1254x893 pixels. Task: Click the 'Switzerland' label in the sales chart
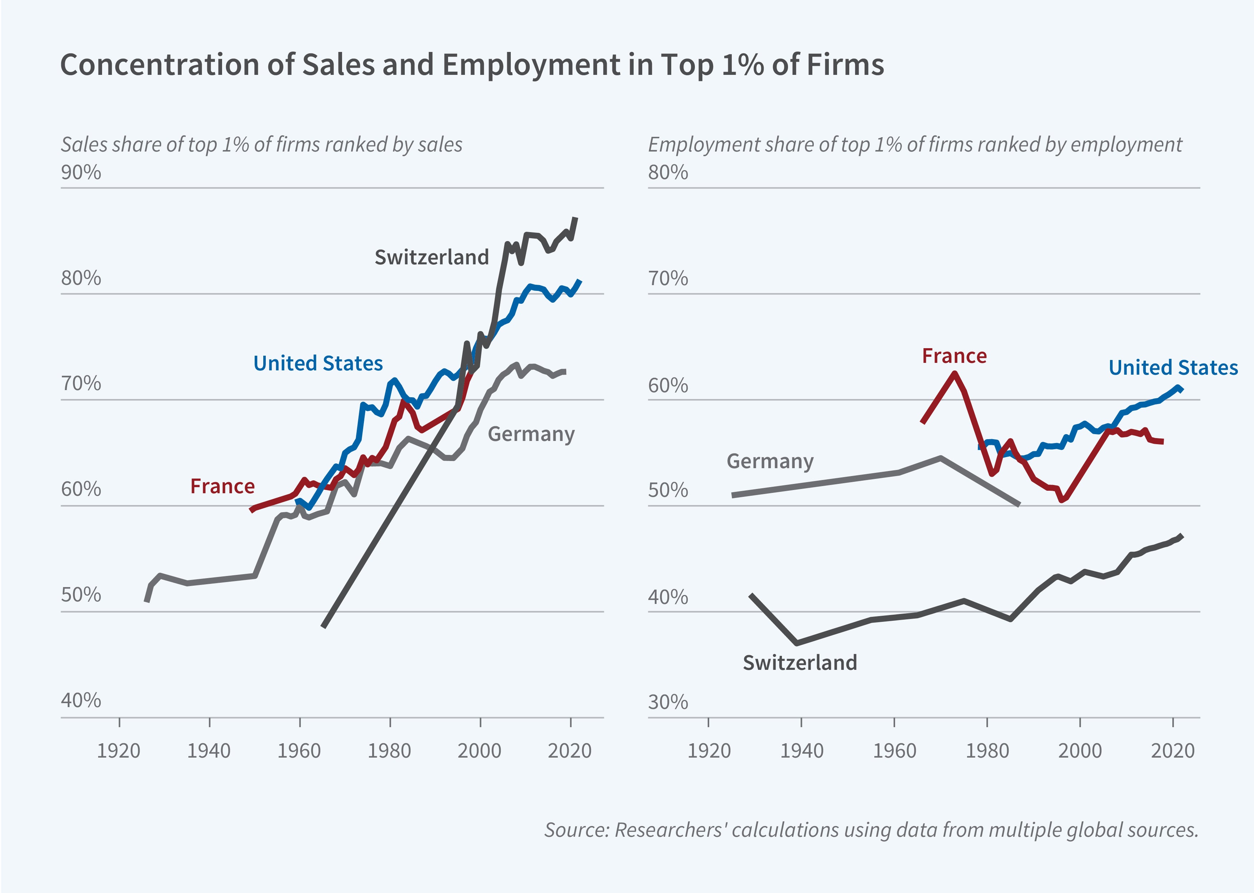[x=432, y=257]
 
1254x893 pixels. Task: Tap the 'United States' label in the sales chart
[x=318, y=364]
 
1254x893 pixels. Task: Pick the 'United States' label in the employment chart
[x=1173, y=367]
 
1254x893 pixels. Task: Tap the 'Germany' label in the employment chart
[x=770, y=461]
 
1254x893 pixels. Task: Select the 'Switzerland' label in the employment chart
[x=800, y=663]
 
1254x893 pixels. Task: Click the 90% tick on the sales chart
[x=81, y=173]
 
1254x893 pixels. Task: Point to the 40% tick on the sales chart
[x=81, y=701]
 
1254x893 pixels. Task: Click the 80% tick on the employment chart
[x=668, y=173]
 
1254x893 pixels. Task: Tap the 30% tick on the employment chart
[x=668, y=702]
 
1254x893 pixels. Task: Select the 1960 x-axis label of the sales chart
[x=299, y=750]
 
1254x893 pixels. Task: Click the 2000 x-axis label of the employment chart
[x=1080, y=750]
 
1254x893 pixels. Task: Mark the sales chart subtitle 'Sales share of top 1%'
[x=261, y=145]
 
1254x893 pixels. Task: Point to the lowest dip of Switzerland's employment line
[x=797, y=643]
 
